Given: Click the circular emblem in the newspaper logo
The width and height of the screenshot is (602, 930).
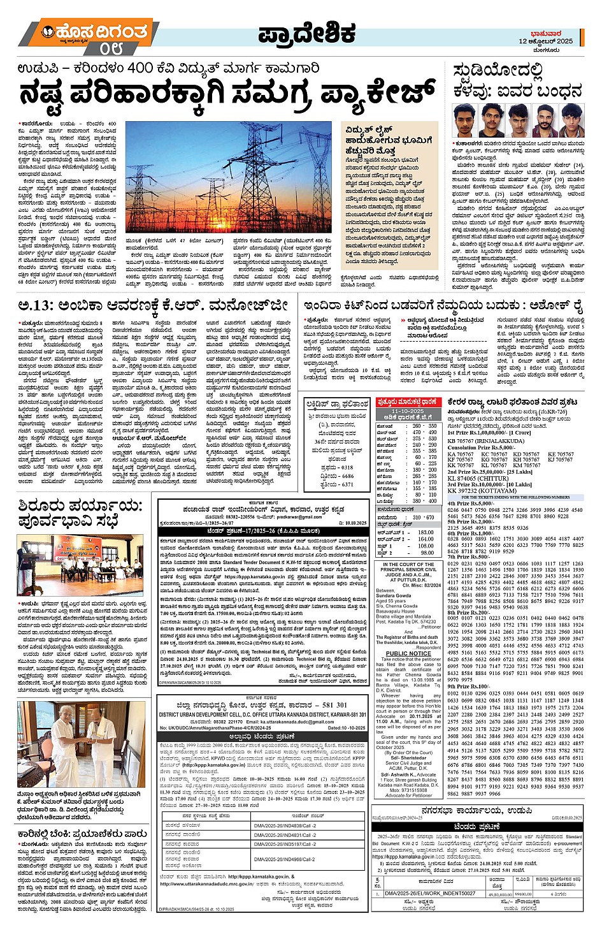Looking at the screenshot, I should [x=48, y=31].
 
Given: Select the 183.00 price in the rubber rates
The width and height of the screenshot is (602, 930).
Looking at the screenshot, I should [x=426, y=532].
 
